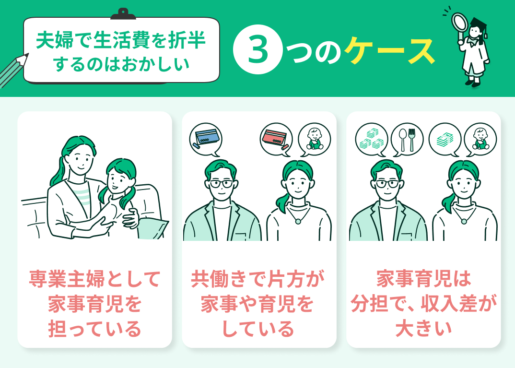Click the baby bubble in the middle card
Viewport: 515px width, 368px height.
314,139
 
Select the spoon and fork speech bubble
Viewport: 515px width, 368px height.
407,139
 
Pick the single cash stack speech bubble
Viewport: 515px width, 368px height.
445,139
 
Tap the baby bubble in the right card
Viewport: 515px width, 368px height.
480,139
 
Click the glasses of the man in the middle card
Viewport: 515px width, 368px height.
222,183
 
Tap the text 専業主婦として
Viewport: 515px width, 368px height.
94,278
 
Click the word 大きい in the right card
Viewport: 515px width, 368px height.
423,329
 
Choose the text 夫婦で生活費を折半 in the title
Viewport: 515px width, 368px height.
121,41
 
